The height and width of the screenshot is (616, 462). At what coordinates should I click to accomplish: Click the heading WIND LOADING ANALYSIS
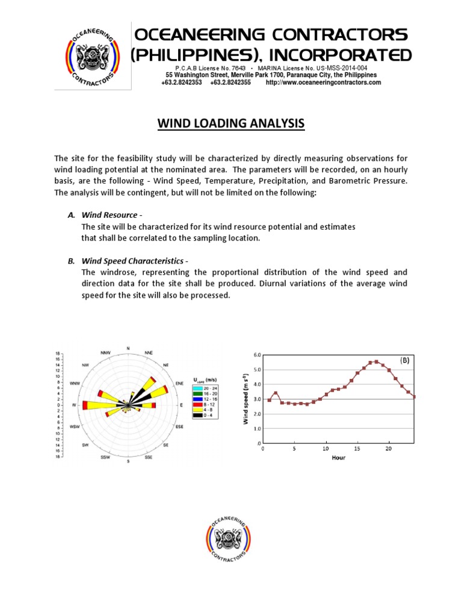click(231, 124)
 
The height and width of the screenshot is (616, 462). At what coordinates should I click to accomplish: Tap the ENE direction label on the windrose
click(179, 383)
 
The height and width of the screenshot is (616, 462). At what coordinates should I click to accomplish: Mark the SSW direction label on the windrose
click(106, 458)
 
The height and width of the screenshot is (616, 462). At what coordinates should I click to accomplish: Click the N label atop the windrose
click(128, 348)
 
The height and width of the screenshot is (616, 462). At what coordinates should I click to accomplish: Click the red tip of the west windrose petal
click(85, 405)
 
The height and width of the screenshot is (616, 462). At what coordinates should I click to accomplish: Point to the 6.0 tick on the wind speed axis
click(257, 355)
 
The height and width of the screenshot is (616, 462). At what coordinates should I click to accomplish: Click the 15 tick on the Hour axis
click(357, 449)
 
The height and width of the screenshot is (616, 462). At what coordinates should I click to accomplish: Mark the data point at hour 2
click(276, 393)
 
